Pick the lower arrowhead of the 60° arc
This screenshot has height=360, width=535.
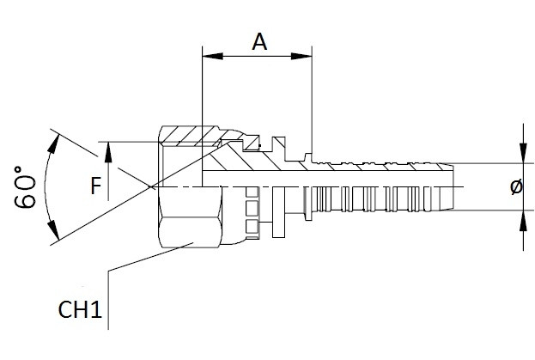click(x=55, y=233)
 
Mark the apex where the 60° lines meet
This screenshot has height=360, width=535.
click(x=149, y=186)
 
